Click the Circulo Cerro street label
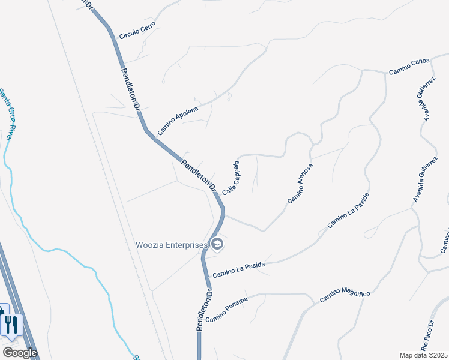[137, 31]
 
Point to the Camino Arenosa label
[300, 183]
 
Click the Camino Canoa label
[409, 67]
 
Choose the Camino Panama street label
[226, 308]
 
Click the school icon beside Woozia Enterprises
[217, 244]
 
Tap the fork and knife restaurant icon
[11, 325]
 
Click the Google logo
[20, 353]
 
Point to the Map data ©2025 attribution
[423, 355]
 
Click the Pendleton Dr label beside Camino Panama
[205, 310]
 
